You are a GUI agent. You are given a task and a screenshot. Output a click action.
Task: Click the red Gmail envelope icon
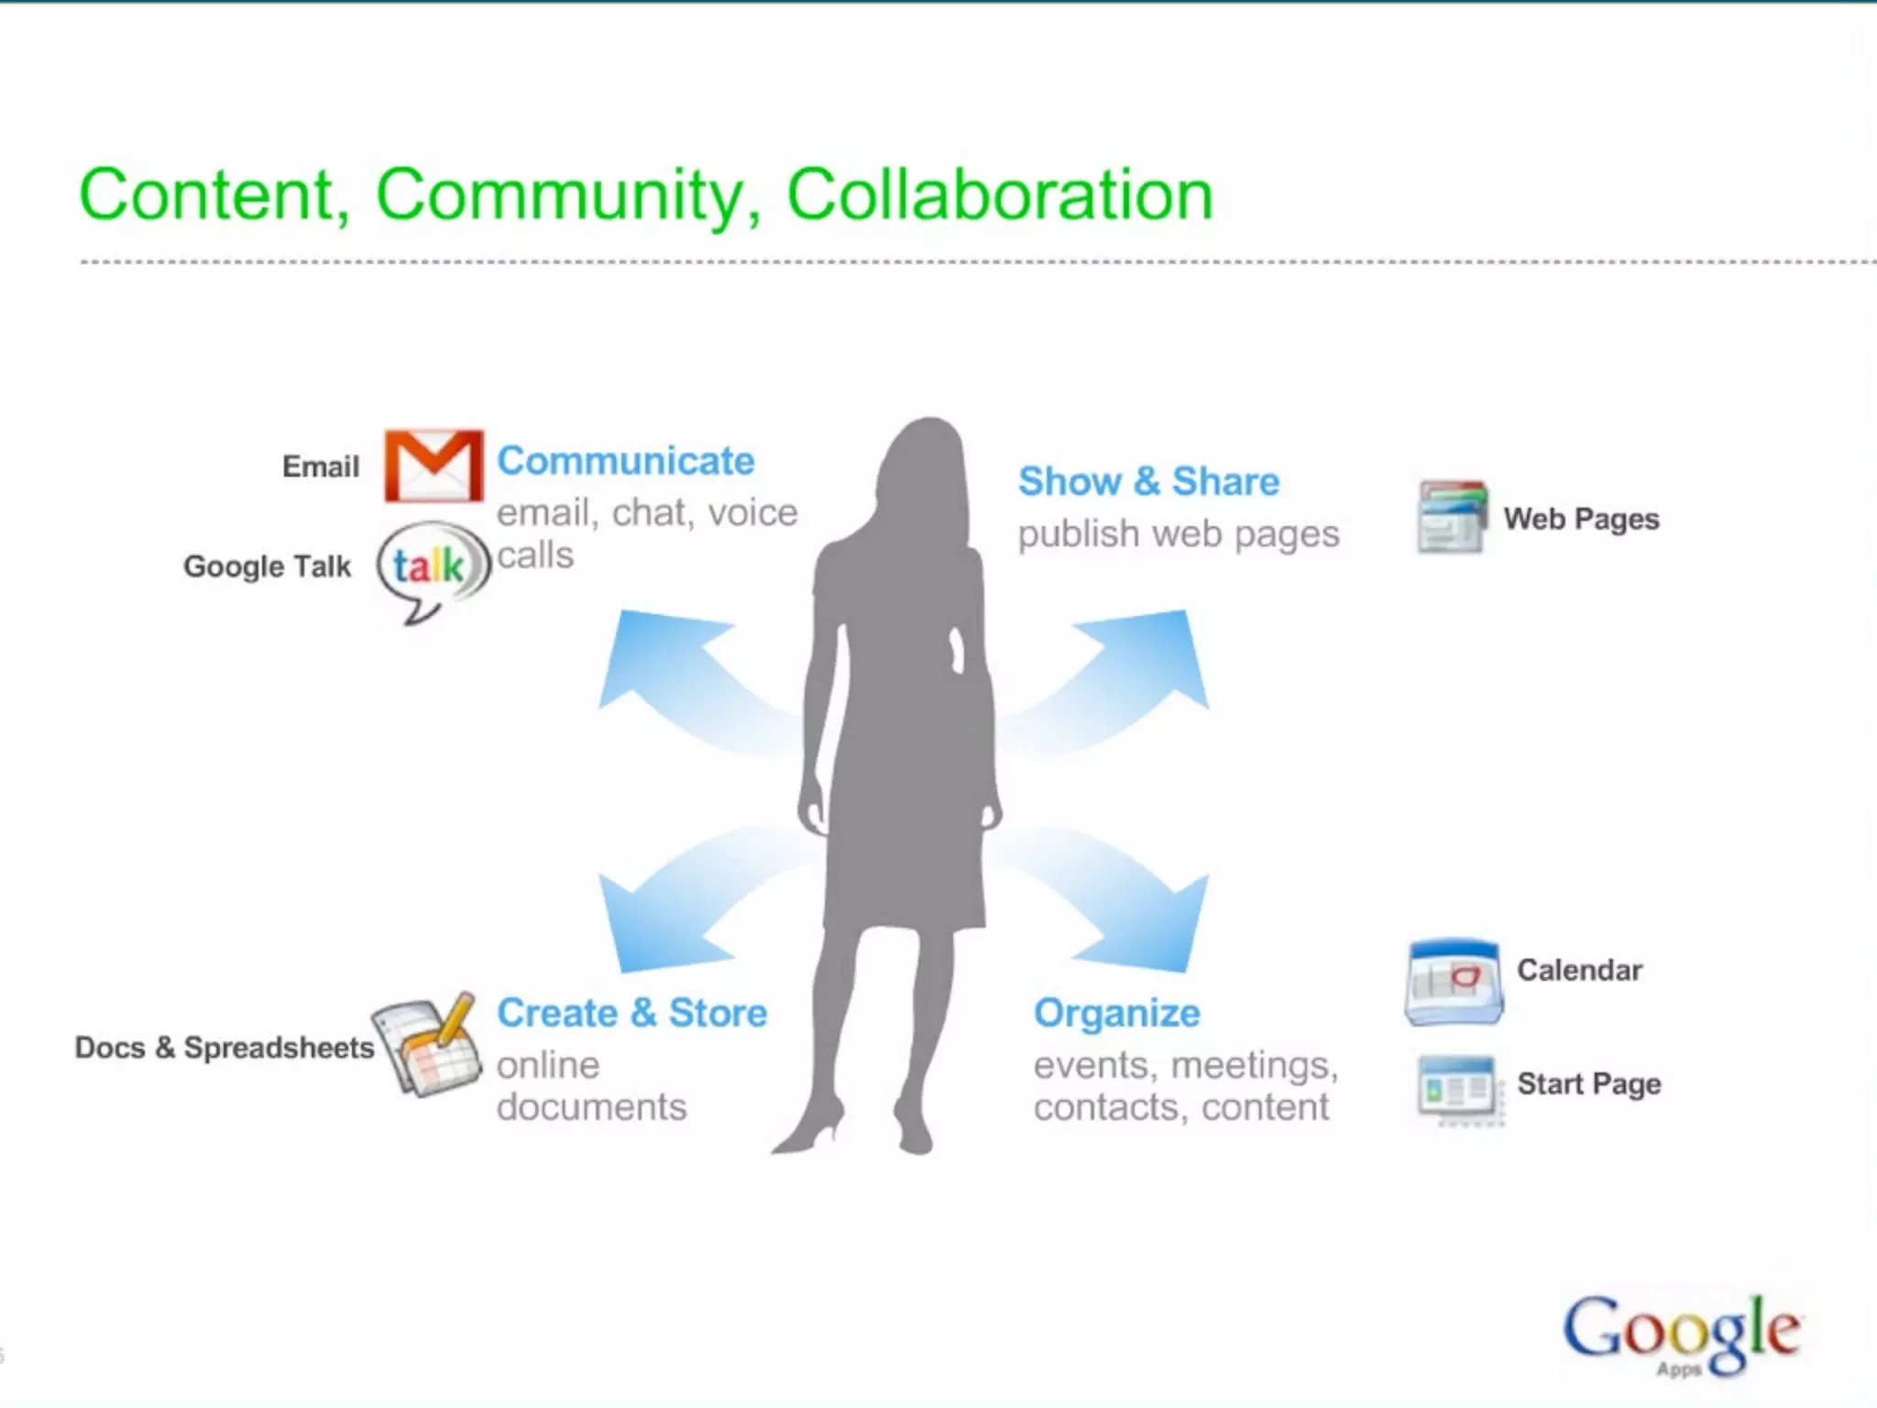(x=434, y=466)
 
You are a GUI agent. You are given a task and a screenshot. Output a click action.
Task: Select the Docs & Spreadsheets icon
(x=427, y=1045)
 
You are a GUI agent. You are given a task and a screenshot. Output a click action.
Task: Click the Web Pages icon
(x=1452, y=517)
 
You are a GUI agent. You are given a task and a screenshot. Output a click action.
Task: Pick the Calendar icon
(x=1454, y=982)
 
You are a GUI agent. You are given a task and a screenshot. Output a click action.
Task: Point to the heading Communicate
(x=625, y=461)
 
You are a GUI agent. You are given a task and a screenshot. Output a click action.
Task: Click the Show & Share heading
(x=1148, y=481)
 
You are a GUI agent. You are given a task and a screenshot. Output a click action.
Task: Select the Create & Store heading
(x=631, y=1013)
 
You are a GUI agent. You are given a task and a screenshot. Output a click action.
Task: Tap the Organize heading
(x=1116, y=1013)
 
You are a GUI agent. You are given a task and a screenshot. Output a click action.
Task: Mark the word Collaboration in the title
(x=1000, y=195)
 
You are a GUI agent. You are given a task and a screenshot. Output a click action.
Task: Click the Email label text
(x=320, y=467)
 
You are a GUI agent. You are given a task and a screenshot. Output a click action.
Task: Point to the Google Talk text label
(x=267, y=566)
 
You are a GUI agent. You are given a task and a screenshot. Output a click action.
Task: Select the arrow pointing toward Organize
(x=1136, y=907)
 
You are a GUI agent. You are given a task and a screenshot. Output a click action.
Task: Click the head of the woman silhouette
(x=928, y=458)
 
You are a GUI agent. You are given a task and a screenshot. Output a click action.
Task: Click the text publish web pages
(x=1178, y=533)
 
